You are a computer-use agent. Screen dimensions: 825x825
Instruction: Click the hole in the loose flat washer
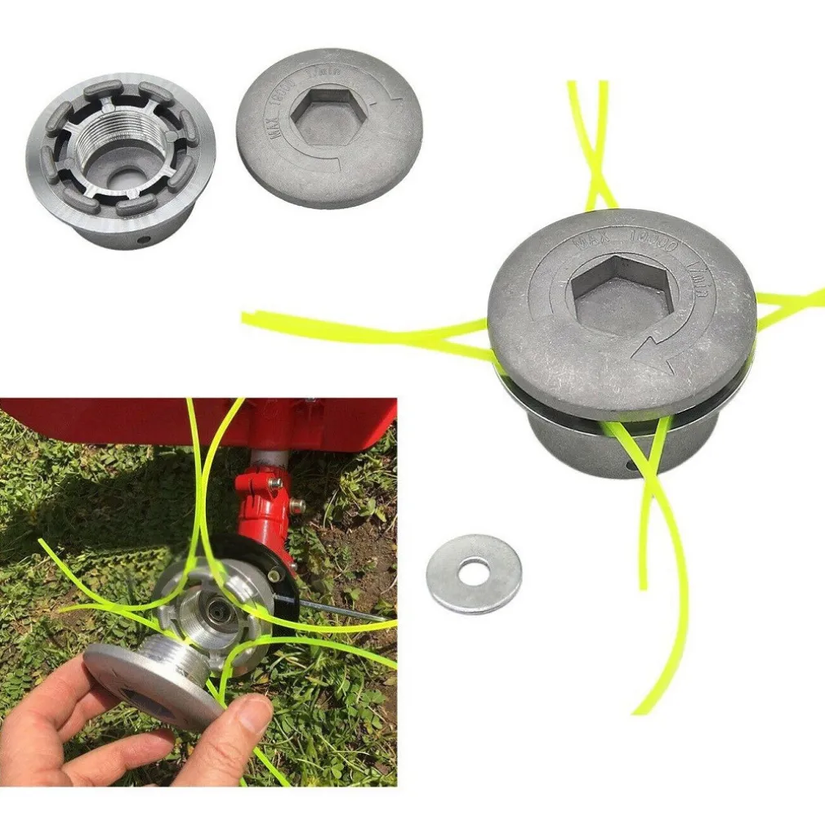[x=474, y=572]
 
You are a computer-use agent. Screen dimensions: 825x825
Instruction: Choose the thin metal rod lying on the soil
[x=343, y=611]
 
